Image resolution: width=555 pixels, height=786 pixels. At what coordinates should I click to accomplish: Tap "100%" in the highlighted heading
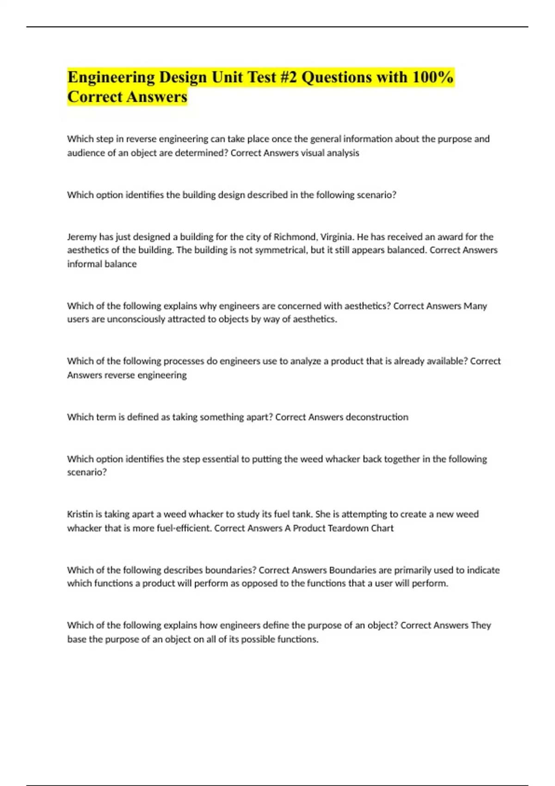(432, 77)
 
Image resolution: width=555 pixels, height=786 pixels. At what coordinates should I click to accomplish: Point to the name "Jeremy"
(82, 237)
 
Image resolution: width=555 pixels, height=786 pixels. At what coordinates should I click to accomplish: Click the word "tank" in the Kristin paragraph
(302, 514)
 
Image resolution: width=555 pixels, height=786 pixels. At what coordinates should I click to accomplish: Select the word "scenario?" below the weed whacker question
(87, 472)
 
